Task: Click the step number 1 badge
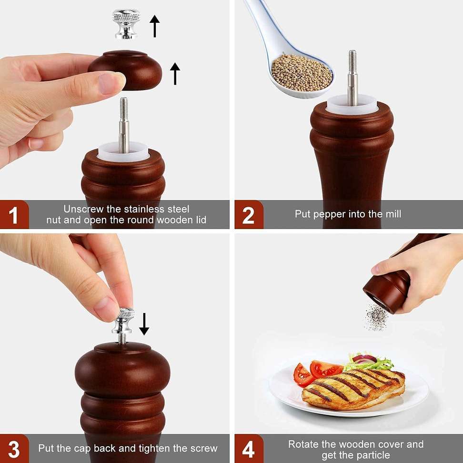click(x=14, y=214)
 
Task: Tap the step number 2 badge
click(x=249, y=214)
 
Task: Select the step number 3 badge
click(x=14, y=448)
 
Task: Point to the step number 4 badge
click(x=249, y=448)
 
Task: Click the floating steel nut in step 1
click(x=126, y=24)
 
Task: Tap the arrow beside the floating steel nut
click(x=154, y=26)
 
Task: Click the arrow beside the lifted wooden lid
click(x=175, y=73)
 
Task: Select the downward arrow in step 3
click(x=144, y=324)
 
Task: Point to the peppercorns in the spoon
click(x=301, y=72)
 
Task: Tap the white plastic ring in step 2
click(x=352, y=105)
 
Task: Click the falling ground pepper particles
click(x=376, y=317)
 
